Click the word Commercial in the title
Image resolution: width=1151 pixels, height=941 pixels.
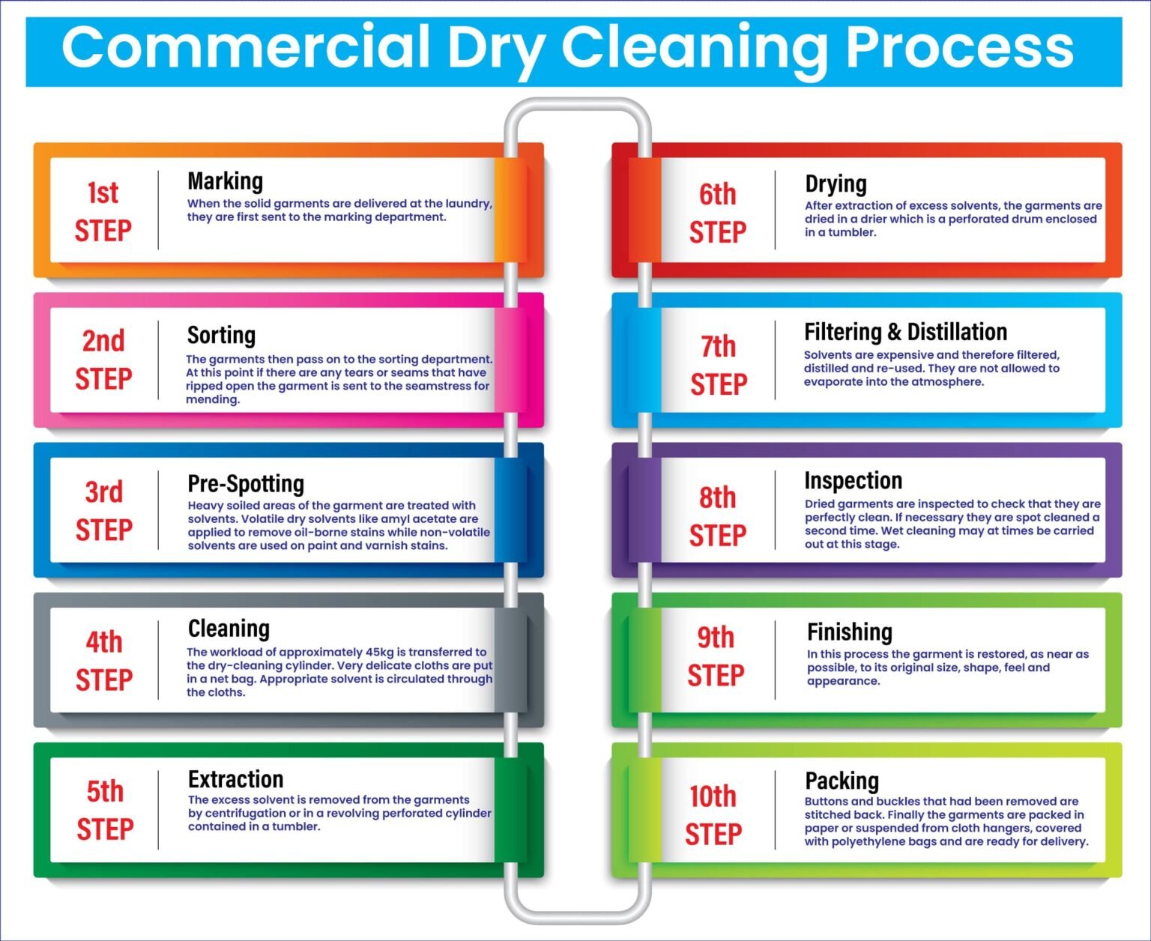(245, 48)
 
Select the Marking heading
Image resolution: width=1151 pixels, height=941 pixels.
(225, 181)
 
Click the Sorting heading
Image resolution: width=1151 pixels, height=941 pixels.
(221, 335)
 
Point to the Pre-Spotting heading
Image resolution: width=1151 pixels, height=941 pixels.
(246, 484)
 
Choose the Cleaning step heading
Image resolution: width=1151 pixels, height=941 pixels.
(229, 629)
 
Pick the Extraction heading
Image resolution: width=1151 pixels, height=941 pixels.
(235, 779)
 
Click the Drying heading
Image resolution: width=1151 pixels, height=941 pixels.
(836, 184)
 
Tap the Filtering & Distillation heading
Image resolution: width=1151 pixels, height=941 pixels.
(905, 332)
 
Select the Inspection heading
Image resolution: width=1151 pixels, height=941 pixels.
(853, 480)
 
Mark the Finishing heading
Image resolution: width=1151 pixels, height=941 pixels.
(849, 632)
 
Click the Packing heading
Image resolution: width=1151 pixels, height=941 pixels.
(842, 781)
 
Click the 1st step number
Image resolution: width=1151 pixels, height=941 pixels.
(103, 193)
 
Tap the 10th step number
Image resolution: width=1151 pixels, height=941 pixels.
(713, 796)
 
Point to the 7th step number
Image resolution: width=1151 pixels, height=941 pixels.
(718, 347)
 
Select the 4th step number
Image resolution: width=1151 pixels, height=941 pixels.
(104, 642)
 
